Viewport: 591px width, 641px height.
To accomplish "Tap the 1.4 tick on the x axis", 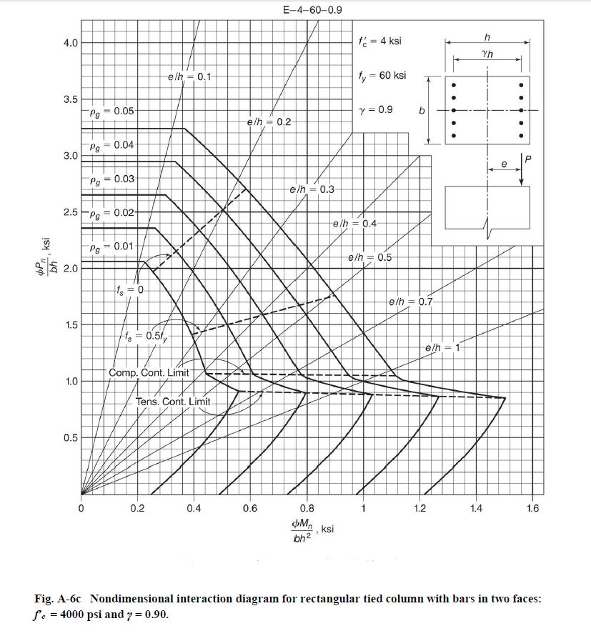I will (x=476, y=509).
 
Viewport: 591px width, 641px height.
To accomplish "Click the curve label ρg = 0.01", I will (x=111, y=247).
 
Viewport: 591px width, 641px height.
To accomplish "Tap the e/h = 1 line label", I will (x=444, y=348).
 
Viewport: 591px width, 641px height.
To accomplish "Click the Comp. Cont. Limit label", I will (x=149, y=372).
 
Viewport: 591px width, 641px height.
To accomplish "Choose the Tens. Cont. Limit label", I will (x=172, y=402).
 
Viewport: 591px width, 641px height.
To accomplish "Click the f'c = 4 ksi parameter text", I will (x=379, y=41).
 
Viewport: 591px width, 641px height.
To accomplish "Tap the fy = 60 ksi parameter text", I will (x=382, y=75).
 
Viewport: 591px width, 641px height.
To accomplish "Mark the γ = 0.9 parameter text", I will (x=376, y=110).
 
